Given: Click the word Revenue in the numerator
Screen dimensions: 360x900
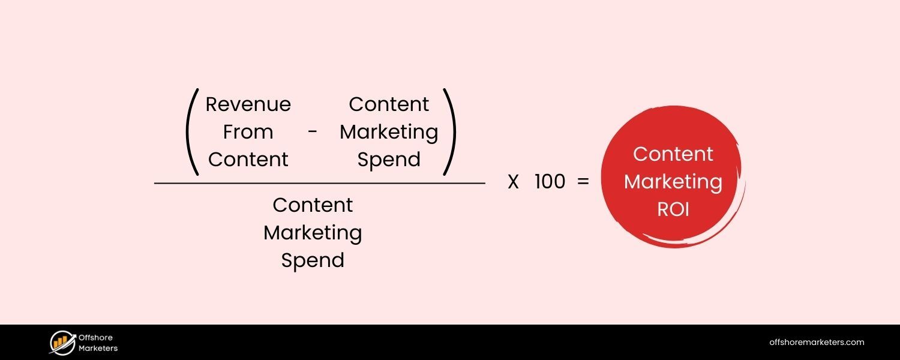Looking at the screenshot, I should click(248, 104).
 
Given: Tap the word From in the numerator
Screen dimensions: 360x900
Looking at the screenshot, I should click(248, 132).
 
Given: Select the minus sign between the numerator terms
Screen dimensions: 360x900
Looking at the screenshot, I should click(313, 133).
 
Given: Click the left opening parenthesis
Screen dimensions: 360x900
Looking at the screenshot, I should click(192, 133).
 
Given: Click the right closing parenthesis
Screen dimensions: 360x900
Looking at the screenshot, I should click(449, 133).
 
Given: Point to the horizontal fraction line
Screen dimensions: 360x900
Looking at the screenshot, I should click(319, 183).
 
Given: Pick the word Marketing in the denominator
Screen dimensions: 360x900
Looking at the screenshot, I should click(313, 233).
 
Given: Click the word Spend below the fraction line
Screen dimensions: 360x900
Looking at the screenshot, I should click(313, 260).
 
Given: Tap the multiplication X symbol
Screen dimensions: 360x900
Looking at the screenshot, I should click(513, 182).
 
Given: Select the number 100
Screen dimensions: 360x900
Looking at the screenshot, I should click(550, 182).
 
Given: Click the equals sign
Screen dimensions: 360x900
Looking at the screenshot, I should click(583, 182).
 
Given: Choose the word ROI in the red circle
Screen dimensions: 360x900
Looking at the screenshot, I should click(673, 209).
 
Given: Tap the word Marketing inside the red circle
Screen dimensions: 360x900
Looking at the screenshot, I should click(673, 182).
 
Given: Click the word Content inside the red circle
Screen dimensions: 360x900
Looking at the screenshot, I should click(673, 154).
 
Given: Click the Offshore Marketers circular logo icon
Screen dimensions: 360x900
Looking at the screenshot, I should click(62, 343).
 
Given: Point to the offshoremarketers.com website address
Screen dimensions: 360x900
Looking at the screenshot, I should click(817, 343).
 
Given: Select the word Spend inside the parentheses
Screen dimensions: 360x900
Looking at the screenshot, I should click(389, 160).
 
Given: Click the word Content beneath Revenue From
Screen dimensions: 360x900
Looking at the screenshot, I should click(248, 160).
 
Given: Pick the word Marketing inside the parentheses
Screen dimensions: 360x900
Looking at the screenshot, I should click(389, 133).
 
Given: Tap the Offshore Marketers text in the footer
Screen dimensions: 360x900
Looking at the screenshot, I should click(98, 343).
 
